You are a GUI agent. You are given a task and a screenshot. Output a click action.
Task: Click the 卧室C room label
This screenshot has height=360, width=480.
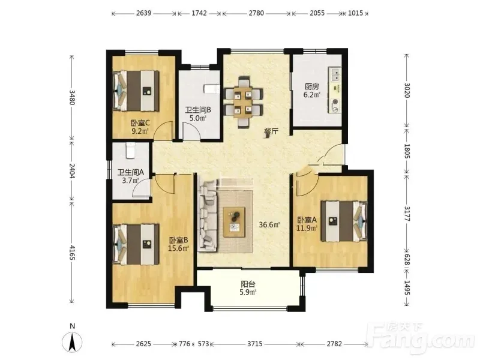(140, 123)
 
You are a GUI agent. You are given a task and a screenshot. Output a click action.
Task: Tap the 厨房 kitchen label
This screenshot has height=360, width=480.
(311, 86)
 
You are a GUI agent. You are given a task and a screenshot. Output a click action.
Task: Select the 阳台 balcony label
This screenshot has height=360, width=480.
(248, 284)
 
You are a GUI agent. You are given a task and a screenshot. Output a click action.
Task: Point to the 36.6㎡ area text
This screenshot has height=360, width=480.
(269, 224)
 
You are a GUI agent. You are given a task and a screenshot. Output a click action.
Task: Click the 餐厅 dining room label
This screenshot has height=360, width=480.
(271, 132)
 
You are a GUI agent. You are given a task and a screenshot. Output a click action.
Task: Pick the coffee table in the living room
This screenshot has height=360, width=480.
(234, 222)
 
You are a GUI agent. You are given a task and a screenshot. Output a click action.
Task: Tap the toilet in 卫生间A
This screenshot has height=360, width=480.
(130, 151)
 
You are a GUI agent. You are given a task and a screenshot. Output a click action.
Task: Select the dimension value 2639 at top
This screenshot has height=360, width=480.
(144, 13)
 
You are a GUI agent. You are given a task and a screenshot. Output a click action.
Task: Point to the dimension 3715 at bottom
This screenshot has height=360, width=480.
(254, 344)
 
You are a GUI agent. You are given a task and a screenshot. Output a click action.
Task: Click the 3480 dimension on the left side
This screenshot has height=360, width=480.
(72, 97)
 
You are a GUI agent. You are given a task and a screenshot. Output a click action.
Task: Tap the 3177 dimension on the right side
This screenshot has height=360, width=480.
(407, 214)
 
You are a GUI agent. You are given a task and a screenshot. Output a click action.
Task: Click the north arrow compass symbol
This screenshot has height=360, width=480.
(72, 341)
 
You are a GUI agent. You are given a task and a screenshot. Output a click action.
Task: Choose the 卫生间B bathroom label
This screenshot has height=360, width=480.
(198, 110)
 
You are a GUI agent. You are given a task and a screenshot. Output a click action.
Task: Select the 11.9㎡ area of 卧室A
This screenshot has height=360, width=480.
(307, 228)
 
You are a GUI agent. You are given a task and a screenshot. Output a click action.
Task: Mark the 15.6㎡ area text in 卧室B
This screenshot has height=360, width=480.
(178, 248)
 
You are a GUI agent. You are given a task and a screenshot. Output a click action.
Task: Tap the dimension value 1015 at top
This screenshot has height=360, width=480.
(355, 13)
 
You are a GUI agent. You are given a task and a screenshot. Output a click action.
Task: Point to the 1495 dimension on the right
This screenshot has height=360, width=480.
(407, 288)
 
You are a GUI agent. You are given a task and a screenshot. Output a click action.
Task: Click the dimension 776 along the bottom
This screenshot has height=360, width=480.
(184, 344)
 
